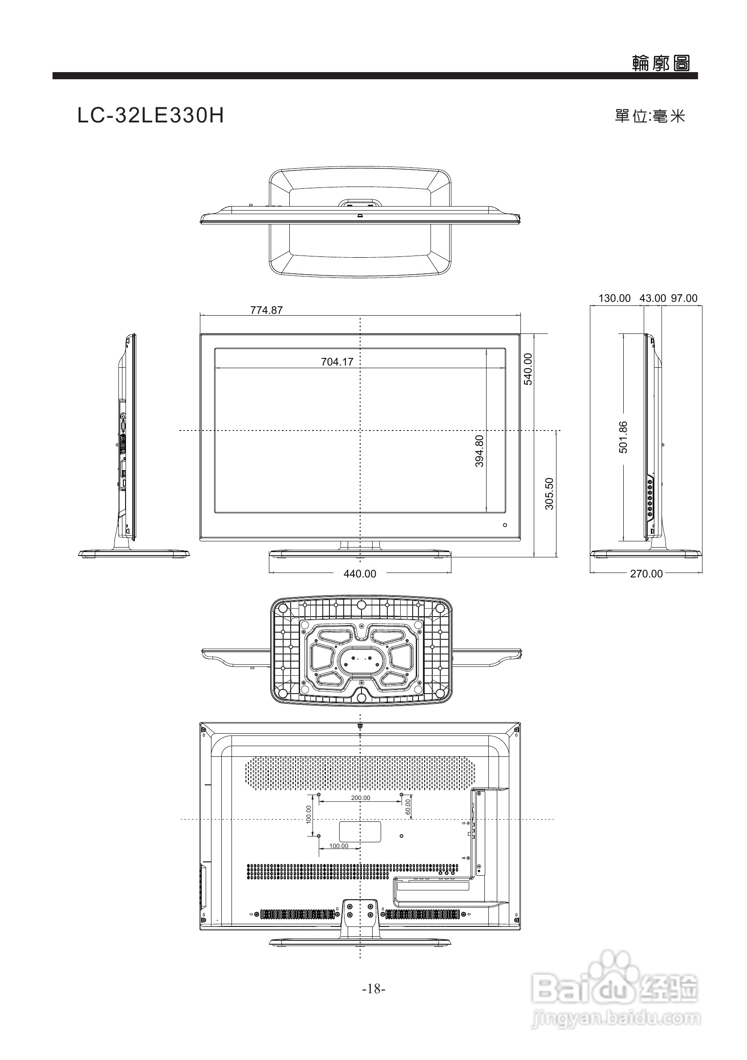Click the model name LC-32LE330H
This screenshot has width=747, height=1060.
tap(150, 116)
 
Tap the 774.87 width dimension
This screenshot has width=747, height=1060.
tap(266, 310)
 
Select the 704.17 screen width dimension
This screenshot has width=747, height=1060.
tap(337, 362)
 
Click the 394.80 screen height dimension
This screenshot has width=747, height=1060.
tap(480, 451)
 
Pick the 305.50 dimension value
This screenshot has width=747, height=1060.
tap(549, 494)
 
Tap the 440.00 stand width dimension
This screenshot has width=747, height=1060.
tap(360, 574)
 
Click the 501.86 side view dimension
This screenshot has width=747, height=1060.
tap(623, 437)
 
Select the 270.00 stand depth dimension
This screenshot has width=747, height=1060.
tap(646, 574)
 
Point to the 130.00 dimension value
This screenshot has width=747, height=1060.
tap(614, 298)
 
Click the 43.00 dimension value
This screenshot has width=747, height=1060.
tap(652, 298)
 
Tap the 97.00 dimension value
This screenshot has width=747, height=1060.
tap(684, 298)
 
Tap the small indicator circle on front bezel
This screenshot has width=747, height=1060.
tap(505, 525)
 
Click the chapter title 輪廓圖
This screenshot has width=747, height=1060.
tap(661, 63)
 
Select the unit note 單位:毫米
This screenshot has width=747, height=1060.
tap(650, 116)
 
